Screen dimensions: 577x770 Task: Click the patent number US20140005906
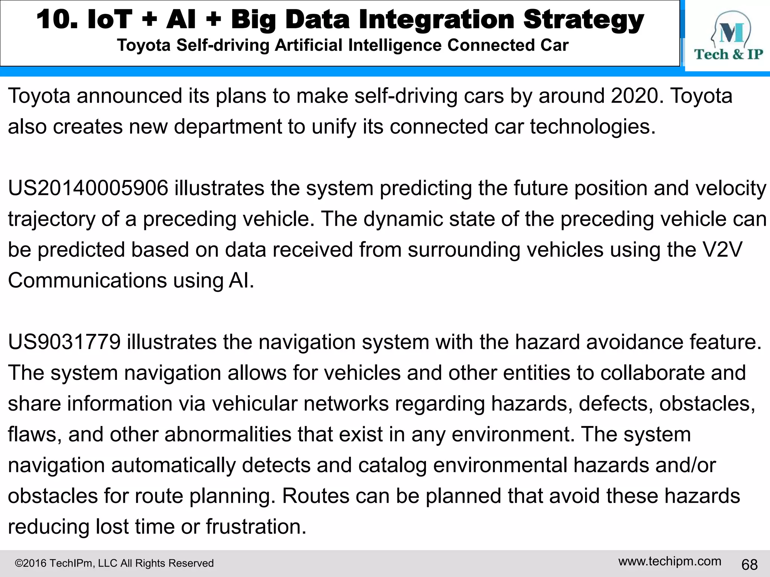pos(88,188)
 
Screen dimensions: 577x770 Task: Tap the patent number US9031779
pos(64,342)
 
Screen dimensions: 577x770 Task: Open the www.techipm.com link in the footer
pos(670,561)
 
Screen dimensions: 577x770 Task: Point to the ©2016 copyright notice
pos(114,563)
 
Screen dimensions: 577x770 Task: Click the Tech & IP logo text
pos(728,54)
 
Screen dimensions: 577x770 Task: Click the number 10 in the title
pos(56,20)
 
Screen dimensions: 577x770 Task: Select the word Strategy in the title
pos(584,20)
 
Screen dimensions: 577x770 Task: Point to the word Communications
pos(87,281)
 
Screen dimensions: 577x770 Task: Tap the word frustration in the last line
pos(256,527)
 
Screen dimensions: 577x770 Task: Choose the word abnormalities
pos(228,435)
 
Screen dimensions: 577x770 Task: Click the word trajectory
pos(52,219)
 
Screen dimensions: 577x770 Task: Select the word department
pos(227,127)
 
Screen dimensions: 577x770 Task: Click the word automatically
pos(173,465)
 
